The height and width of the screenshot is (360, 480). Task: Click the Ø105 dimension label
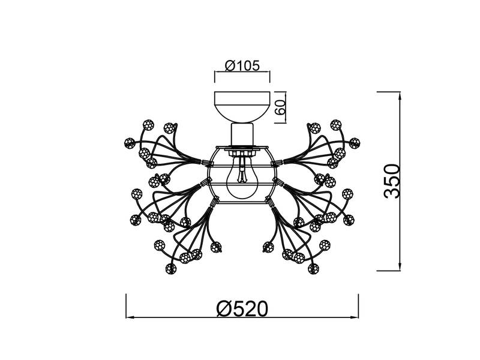(x=242, y=65)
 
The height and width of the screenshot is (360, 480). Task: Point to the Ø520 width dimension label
(x=242, y=308)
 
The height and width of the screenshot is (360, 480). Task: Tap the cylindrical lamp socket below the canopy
(x=242, y=134)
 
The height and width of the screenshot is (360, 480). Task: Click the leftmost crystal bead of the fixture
(x=128, y=143)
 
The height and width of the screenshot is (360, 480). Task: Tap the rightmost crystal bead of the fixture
(x=355, y=143)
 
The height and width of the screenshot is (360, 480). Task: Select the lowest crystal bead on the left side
(x=171, y=268)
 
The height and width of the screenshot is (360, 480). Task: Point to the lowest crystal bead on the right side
(x=312, y=268)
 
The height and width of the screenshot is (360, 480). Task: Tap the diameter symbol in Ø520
(x=223, y=308)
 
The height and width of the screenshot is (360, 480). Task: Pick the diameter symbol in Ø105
(x=229, y=65)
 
